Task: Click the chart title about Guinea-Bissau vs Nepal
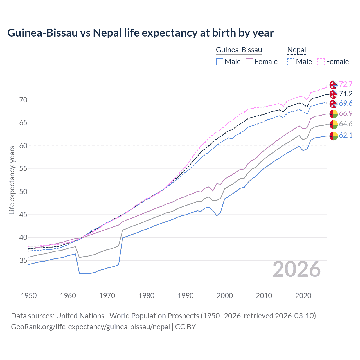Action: point(140,33)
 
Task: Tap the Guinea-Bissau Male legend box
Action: point(220,62)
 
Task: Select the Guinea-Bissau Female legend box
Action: point(249,62)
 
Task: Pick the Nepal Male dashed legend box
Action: point(291,62)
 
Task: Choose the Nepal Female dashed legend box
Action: point(321,62)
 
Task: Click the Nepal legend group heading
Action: point(296,50)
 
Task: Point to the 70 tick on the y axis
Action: point(23,100)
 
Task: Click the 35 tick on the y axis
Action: point(23,261)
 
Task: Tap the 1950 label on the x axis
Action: point(29,296)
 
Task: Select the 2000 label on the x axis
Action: point(225,296)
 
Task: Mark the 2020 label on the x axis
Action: point(303,296)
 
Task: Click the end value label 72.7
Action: point(346,84)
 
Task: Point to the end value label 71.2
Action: point(346,94)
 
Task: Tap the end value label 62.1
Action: point(346,136)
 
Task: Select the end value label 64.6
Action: point(346,124)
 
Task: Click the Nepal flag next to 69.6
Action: point(334,103)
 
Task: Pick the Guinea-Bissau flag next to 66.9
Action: point(334,114)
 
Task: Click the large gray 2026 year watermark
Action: point(297,269)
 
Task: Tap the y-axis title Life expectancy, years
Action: point(12,180)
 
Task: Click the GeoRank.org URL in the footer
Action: point(90,327)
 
